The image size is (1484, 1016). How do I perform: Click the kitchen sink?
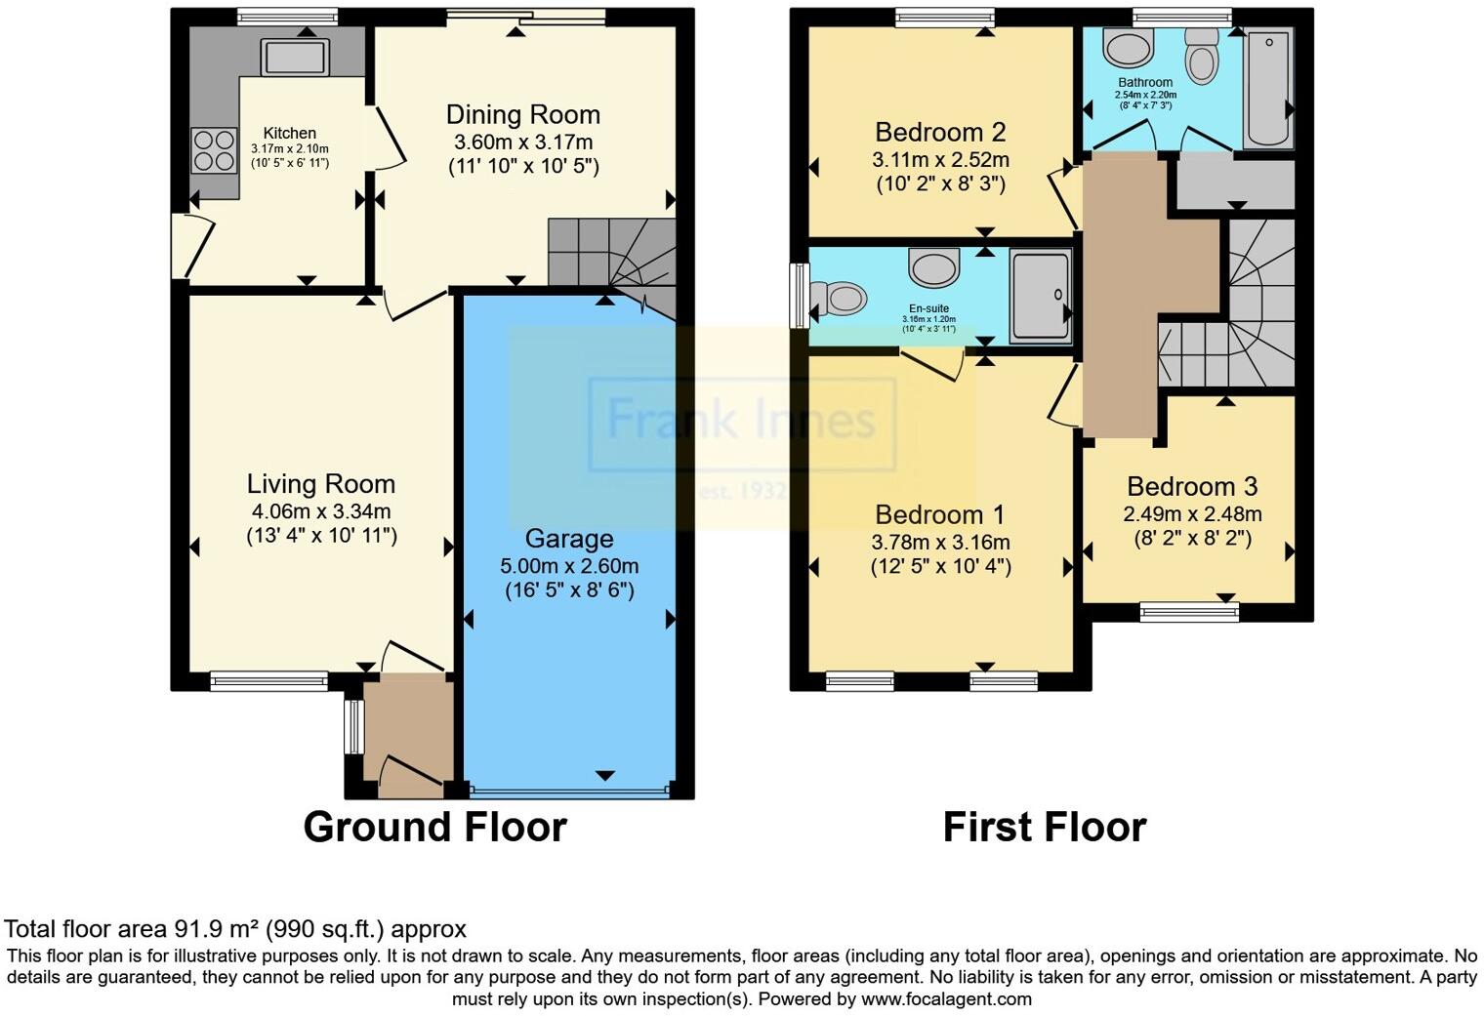(x=294, y=58)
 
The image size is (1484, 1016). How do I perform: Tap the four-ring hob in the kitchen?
(x=214, y=150)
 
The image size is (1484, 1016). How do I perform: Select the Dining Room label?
(x=523, y=114)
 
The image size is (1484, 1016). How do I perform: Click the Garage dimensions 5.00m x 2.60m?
(x=569, y=566)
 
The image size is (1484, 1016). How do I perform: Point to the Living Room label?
(x=320, y=484)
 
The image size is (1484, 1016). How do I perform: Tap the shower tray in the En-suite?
(x=1041, y=296)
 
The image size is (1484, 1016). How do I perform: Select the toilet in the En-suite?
(x=840, y=298)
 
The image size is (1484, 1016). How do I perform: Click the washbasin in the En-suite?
(x=934, y=266)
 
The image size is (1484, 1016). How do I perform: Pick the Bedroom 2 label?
(x=940, y=132)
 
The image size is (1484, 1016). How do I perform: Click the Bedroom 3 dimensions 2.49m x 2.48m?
(x=1192, y=514)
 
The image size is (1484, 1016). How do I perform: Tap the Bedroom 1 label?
(x=940, y=514)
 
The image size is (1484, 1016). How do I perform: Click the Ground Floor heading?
(x=434, y=828)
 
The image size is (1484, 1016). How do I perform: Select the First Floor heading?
(x=1044, y=828)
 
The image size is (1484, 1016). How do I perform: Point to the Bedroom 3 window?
(x=1189, y=612)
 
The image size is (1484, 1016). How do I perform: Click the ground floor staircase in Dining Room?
(x=611, y=256)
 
